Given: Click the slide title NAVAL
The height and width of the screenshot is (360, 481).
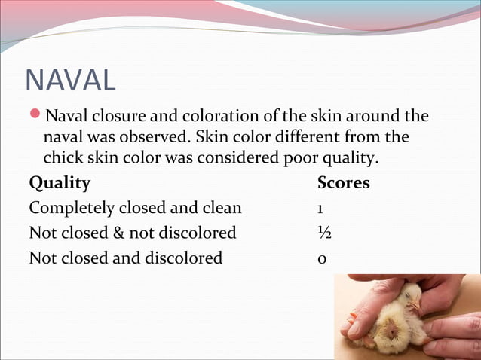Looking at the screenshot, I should [x=70, y=81].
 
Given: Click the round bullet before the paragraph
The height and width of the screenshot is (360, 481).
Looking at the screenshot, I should [x=35, y=117].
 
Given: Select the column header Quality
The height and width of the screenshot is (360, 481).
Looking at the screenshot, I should [x=60, y=183].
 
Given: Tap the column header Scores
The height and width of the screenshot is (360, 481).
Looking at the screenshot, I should [x=344, y=183].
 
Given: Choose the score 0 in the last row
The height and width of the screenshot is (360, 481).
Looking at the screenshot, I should [x=322, y=258].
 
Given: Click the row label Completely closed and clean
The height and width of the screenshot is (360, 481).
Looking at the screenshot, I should [x=136, y=208].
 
